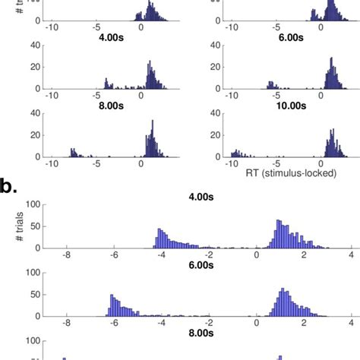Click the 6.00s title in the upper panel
click(x=284, y=36)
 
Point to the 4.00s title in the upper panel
click(x=104, y=36)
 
